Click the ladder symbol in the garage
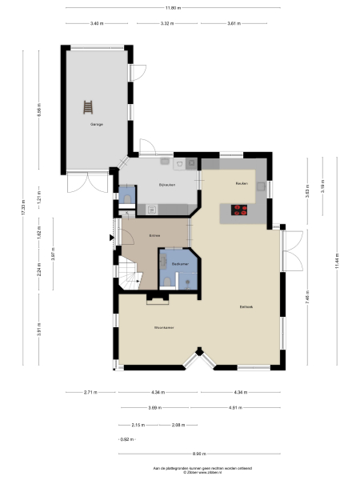(87, 106)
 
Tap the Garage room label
(96, 125)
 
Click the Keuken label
(240, 184)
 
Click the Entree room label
(154, 235)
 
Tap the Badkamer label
(178, 263)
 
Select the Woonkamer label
(166, 328)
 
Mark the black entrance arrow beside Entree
(110, 237)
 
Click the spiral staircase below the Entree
(129, 276)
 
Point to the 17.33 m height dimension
(25, 210)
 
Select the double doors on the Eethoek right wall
(292, 251)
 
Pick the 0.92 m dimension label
(123, 439)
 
